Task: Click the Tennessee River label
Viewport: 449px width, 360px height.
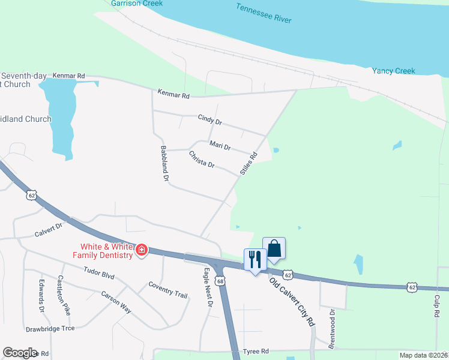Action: click(x=264, y=14)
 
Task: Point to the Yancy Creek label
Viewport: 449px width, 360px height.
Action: click(x=393, y=71)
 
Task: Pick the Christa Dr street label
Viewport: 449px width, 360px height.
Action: click(x=202, y=159)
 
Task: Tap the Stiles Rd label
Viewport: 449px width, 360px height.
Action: click(x=248, y=163)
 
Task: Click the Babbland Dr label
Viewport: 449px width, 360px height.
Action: click(x=165, y=163)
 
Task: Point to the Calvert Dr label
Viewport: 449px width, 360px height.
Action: click(x=49, y=229)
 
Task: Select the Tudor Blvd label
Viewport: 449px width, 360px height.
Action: click(x=99, y=274)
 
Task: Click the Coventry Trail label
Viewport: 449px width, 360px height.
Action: click(x=168, y=290)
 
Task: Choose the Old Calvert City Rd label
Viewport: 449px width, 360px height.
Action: click(x=292, y=301)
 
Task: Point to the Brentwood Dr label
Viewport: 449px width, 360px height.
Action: click(x=331, y=328)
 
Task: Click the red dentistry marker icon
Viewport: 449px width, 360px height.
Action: click(x=142, y=250)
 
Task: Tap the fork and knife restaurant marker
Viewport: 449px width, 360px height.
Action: click(x=254, y=259)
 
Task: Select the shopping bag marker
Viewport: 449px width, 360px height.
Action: click(x=274, y=248)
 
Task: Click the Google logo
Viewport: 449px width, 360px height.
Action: click(x=20, y=353)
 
